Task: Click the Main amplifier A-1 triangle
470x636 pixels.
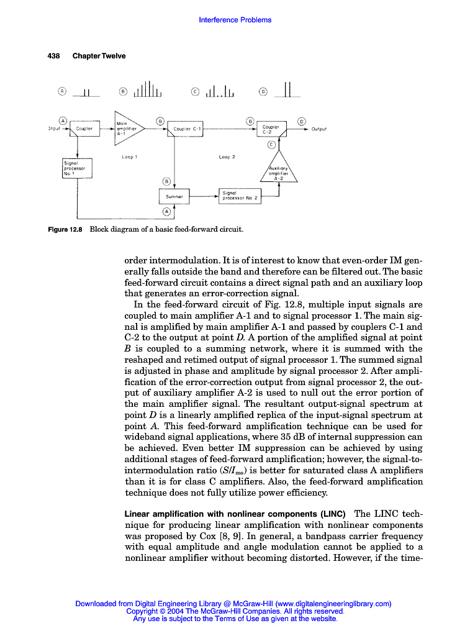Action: (127, 129)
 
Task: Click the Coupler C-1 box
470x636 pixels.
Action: (187, 129)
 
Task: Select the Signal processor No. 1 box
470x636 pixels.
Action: (78, 168)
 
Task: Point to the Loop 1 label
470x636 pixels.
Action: (129, 158)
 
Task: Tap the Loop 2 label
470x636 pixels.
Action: (227, 158)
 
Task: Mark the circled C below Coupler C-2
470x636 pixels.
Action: (271, 145)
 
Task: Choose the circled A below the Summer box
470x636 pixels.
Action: (166, 212)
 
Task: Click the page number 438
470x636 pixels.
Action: (54, 56)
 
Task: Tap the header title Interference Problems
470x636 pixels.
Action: (235, 20)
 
